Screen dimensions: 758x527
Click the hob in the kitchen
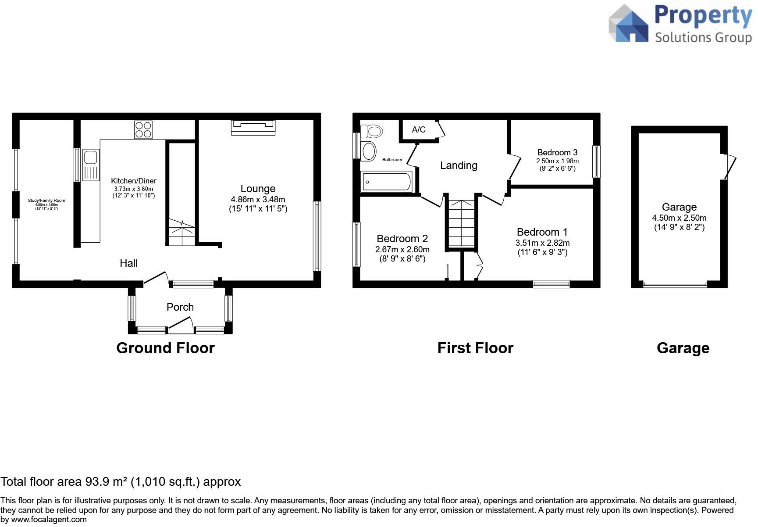pos(143,130)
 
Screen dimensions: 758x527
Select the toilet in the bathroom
pos(371,131)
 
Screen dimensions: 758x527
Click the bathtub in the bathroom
pos(386,182)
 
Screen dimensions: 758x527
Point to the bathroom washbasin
pos(368,151)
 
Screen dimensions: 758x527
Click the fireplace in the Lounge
pos(253,127)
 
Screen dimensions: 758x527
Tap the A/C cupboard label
pos(419,129)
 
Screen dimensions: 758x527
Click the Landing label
pos(459,165)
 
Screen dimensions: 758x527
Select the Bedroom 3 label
pos(557,152)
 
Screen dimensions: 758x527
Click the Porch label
pos(180,307)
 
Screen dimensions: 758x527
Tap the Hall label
pos(129,263)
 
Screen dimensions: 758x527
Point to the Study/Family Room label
pos(46,201)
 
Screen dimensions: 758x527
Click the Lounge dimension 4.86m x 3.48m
pos(258,199)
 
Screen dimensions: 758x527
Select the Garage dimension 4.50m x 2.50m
pos(679,218)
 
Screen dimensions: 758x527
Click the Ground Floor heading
pos(165,348)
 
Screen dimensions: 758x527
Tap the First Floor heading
pos(475,348)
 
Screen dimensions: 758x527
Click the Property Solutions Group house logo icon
pos(629,24)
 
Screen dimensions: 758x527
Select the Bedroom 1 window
pos(552,284)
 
